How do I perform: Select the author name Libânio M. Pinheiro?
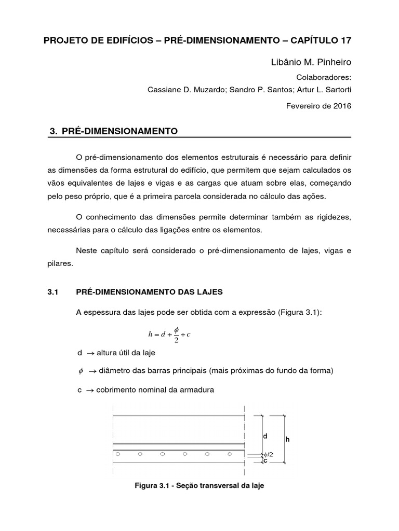tap(311, 63)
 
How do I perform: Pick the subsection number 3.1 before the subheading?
tap(52, 292)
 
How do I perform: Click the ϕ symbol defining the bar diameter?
tap(80, 371)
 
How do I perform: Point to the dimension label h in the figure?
tap(287, 439)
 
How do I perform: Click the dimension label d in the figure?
tap(265, 437)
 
